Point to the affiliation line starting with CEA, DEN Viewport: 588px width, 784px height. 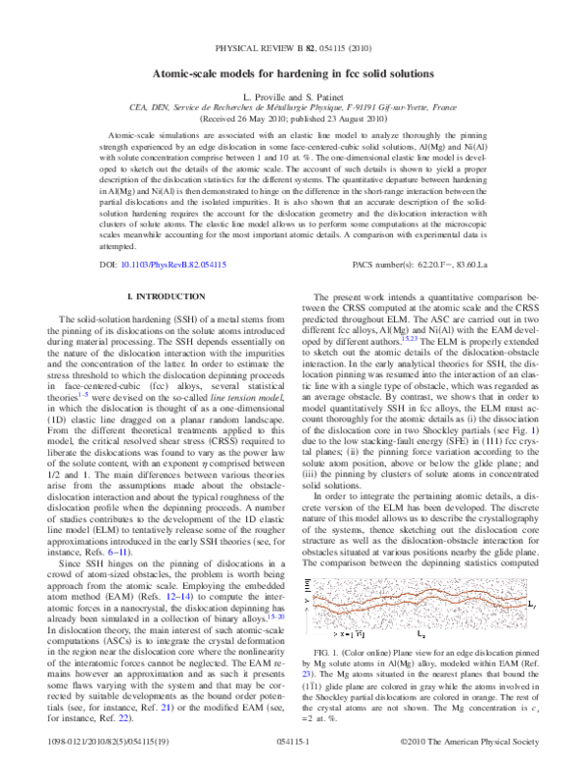tap(294, 107)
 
